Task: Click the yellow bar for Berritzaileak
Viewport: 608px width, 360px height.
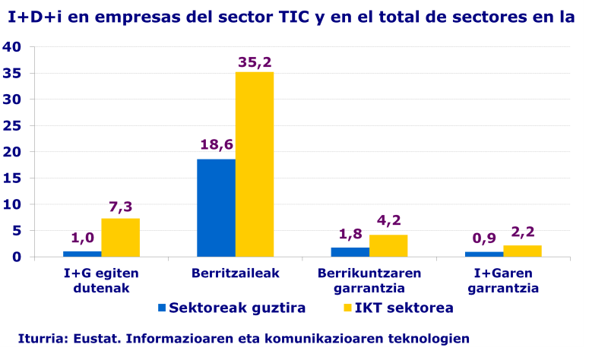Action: click(x=255, y=164)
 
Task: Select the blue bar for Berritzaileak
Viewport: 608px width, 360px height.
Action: click(x=216, y=207)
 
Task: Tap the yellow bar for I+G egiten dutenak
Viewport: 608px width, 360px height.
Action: click(x=120, y=237)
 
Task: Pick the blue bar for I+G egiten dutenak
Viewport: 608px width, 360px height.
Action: click(x=82, y=254)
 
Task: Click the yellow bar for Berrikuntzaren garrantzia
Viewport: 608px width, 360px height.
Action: click(x=388, y=245)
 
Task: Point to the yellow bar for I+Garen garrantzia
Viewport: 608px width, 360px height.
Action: click(x=522, y=251)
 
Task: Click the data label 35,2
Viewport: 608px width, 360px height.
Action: click(x=255, y=61)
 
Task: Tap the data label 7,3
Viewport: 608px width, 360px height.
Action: click(x=120, y=207)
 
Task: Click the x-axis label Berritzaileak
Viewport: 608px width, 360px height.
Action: click(x=235, y=273)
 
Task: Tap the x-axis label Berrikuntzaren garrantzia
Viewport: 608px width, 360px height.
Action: click(x=369, y=280)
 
